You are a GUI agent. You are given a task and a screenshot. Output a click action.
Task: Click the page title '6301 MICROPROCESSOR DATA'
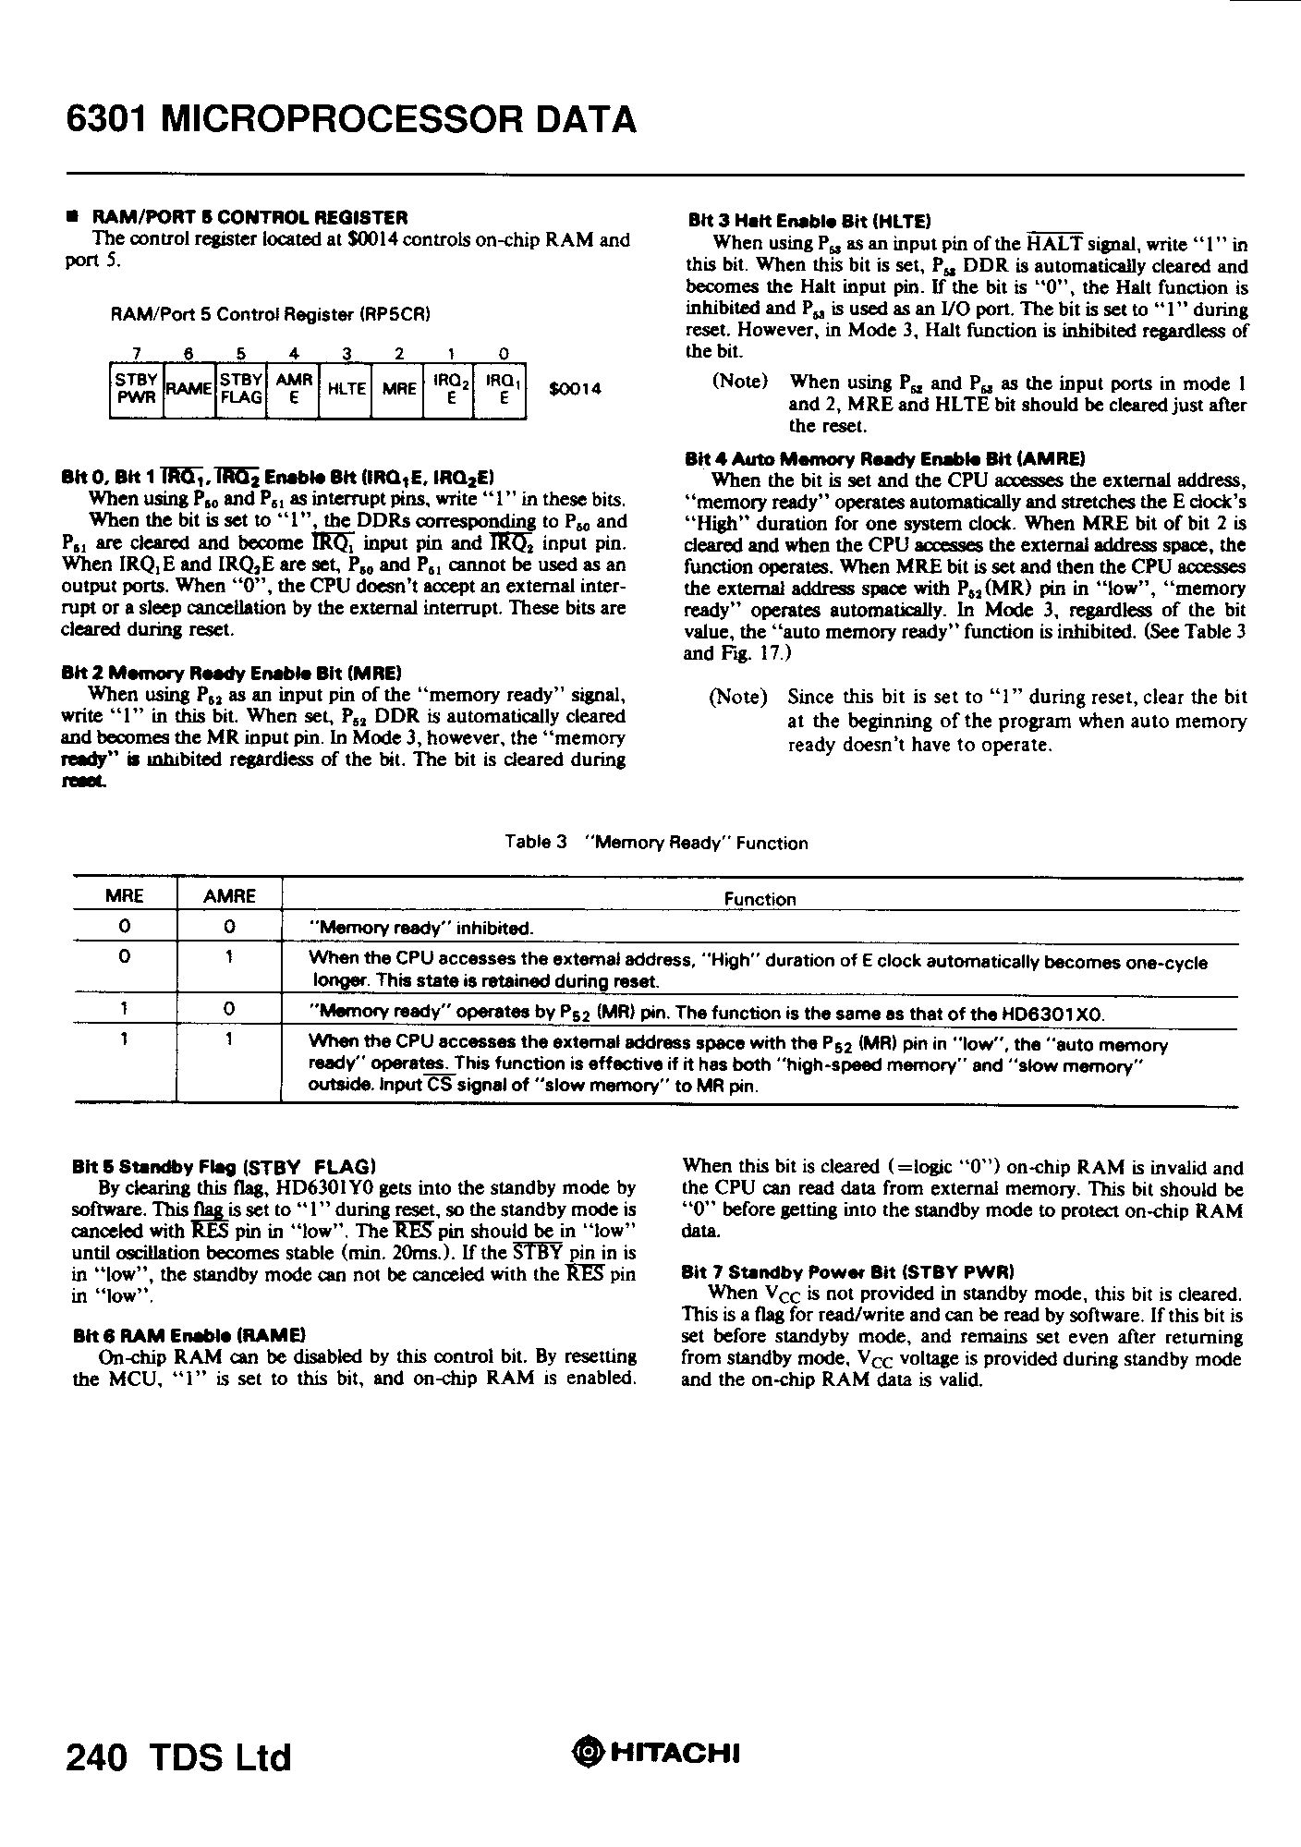[x=351, y=120]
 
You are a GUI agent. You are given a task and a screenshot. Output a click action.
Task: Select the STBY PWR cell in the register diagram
[x=136, y=390]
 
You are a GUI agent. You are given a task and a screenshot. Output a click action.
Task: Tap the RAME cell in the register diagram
[x=188, y=390]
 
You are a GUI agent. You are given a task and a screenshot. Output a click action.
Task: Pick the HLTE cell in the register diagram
[x=347, y=390]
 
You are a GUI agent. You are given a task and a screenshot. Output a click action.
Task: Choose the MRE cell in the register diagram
[x=399, y=390]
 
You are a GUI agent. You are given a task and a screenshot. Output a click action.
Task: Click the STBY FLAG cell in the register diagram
[x=241, y=390]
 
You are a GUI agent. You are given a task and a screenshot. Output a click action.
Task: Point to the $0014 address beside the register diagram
[x=575, y=389]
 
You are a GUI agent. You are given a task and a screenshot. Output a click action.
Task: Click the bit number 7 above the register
[x=136, y=354]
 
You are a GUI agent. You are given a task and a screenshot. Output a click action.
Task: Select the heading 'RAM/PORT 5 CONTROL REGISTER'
[x=249, y=218]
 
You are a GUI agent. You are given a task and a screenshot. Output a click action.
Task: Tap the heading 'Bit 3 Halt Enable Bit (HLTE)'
[x=809, y=221]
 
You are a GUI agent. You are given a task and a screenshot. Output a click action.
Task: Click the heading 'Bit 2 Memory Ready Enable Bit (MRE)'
[x=231, y=672]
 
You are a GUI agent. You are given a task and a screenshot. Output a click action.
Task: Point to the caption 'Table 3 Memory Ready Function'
[x=656, y=843]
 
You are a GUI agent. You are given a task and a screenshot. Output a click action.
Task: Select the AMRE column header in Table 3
[x=229, y=896]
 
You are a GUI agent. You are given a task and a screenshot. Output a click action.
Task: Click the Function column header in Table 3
[x=760, y=899]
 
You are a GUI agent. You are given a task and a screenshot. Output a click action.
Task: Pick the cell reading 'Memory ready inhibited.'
[x=421, y=928]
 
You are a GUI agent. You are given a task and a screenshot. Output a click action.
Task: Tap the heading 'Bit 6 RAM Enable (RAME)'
[x=188, y=1335]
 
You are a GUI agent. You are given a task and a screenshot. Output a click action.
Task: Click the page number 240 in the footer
[x=96, y=1756]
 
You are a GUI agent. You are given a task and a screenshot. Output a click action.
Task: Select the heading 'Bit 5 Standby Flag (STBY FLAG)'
[x=223, y=1166]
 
